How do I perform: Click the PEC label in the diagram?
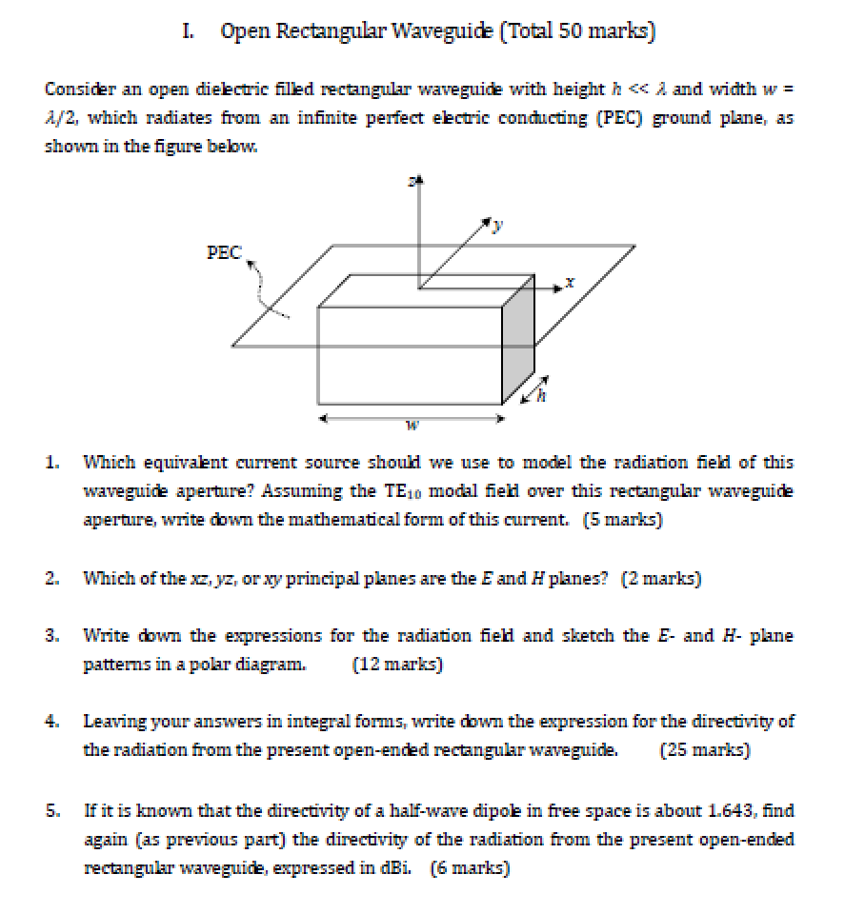pyautogui.click(x=224, y=252)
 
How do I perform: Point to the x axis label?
pyautogui.click(x=569, y=283)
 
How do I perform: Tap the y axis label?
pyautogui.click(x=494, y=226)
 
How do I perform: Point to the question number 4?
pyautogui.click(x=52, y=722)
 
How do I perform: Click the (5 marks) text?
pyautogui.click(x=623, y=520)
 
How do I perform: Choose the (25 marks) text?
pyautogui.click(x=705, y=749)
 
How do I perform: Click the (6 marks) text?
pyautogui.click(x=470, y=867)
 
